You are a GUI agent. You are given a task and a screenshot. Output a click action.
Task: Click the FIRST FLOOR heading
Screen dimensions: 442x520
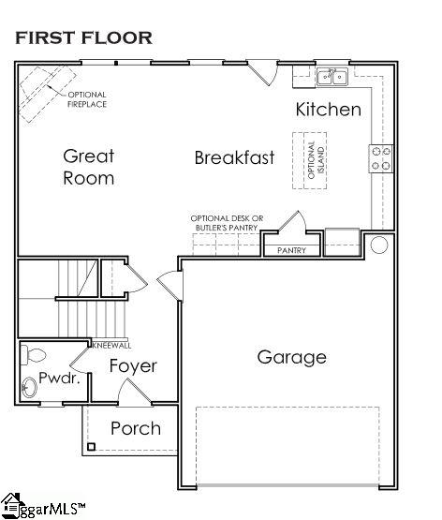click(x=84, y=37)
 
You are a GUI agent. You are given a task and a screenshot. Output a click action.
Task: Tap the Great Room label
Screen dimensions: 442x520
click(x=89, y=167)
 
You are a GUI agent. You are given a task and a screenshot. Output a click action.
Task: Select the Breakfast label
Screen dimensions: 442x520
click(x=235, y=157)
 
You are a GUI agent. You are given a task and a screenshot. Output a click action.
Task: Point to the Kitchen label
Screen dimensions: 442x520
click(x=329, y=110)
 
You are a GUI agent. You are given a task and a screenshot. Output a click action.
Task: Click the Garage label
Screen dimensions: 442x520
click(x=292, y=358)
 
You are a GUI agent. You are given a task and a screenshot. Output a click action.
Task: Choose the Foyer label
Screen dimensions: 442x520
click(x=133, y=366)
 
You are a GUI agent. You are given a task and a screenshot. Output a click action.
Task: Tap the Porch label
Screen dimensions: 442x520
click(x=136, y=428)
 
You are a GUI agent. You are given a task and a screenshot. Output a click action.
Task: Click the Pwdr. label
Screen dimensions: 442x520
click(x=60, y=378)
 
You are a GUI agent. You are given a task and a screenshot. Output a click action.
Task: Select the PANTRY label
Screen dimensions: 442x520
click(x=291, y=250)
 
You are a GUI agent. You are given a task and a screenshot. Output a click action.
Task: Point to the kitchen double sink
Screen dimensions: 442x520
click(x=332, y=77)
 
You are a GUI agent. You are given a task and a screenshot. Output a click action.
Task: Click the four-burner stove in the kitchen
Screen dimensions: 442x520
click(x=381, y=158)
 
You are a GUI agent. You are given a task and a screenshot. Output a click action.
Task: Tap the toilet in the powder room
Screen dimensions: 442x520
click(x=33, y=355)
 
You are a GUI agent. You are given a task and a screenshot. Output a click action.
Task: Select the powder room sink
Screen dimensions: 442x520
click(x=29, y=387)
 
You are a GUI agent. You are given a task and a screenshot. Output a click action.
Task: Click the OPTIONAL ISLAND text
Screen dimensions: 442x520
click(x=316, y=160)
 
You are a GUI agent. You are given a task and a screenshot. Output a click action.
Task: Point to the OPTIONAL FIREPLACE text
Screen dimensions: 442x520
click(x=87, y=99)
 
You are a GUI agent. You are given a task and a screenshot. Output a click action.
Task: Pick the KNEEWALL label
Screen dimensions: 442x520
click(x=112, y=346)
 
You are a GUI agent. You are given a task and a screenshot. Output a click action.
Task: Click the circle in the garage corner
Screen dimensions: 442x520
click(x=379, y=245)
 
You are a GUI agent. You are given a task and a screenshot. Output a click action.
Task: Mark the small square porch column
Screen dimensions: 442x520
click(x=92, y=447)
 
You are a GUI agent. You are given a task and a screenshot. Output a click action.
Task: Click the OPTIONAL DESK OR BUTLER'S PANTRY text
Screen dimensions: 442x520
click(x=227, y=223)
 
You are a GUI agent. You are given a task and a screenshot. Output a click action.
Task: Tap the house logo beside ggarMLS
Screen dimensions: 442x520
click(x=12, y=506)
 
